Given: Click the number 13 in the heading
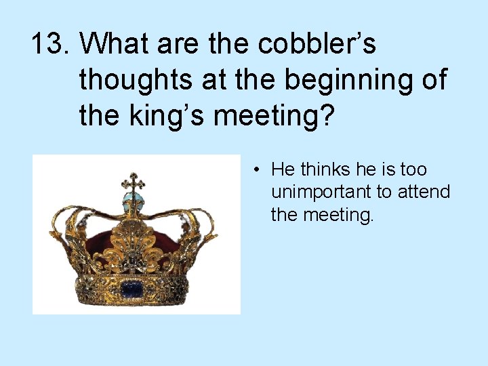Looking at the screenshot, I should (x=49, y=45).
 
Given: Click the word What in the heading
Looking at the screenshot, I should (x=117, y=45).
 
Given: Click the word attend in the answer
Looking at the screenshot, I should (x=424, y=192).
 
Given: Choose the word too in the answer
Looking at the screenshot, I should (x=413, y=169).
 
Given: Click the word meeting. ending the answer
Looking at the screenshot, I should (x=332, y=215).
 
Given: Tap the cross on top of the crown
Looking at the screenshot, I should (x=133, y=182).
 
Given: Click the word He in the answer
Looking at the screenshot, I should (x=283, y=169).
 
